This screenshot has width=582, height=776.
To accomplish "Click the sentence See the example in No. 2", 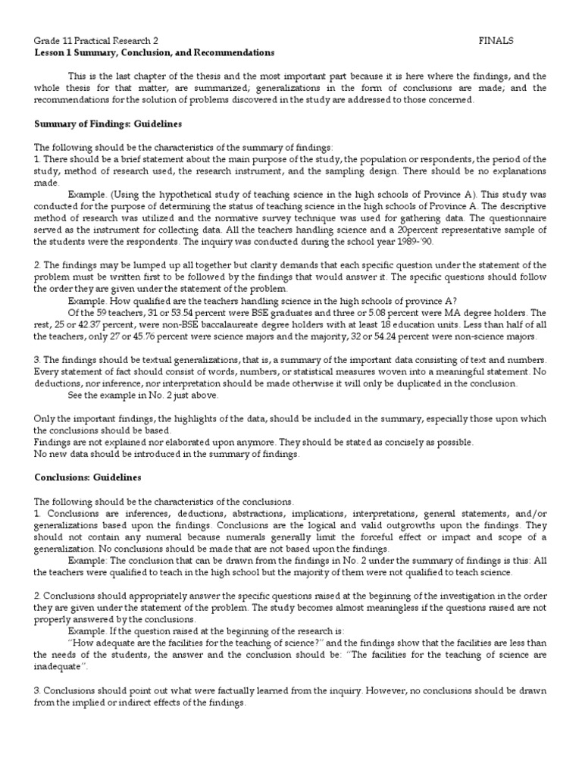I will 133,396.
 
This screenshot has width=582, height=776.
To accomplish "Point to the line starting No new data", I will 167,454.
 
